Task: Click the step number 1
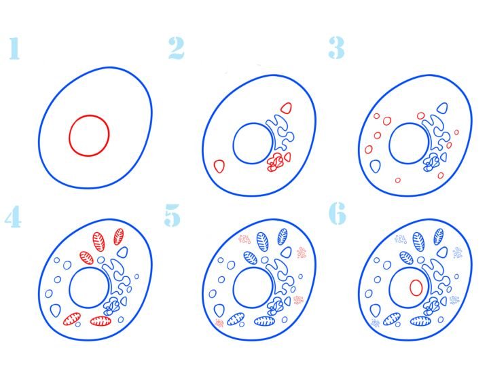[14, 48]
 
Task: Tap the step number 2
[177, 48]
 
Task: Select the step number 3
[336, 48]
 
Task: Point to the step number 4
[14, 216]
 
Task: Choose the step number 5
[173, 215]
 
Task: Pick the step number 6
[338, 213]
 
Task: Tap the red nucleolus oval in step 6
[416, 288]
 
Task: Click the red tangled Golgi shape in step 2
[275, 163]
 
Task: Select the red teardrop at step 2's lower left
[219, 166]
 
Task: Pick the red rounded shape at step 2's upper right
[287, 108]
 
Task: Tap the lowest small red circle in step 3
[397, 180]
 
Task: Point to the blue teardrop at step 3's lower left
[376, 166]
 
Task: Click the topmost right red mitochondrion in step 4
[119, 237]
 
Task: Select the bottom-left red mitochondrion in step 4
[72, 319]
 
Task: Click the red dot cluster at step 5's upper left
[244, 239]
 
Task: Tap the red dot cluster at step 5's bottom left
[219, 323]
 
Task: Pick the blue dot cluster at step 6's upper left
[401, 239]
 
